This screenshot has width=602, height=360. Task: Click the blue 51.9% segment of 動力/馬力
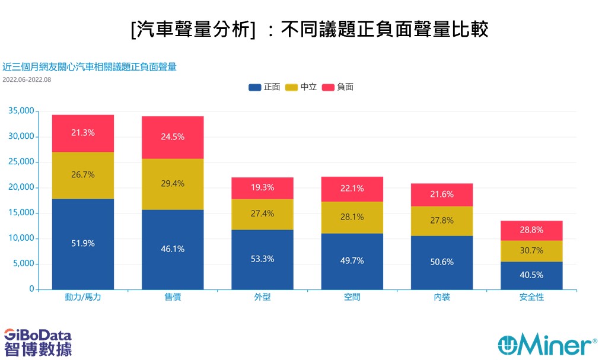click(83, 244)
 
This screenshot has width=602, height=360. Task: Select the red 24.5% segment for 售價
click(173, 138)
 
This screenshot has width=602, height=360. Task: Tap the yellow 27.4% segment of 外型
click(263, 215)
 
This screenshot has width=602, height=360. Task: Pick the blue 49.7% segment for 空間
click(352, 262)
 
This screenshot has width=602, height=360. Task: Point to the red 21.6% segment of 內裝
click(442, 195)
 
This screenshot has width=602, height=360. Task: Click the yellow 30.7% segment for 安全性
click(532, 251)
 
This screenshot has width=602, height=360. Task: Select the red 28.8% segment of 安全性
click(532, 231)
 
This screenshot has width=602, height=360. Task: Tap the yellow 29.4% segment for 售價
click(173, 184)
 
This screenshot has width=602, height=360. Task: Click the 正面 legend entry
click(264, 87)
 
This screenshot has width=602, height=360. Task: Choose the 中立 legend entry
click(301, 87)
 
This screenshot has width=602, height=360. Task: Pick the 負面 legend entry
click(337, 87)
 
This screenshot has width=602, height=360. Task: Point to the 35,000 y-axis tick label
click(21, 111)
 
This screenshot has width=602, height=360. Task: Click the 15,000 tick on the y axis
click(21, 213)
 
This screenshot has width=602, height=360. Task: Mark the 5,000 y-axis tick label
click(24, 264)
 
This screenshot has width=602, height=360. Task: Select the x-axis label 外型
click(263, 297)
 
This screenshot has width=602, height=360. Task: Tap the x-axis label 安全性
click(532, 297)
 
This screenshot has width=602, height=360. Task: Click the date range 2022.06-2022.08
click(27, 80)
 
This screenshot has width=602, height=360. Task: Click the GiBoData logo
click(38, 342)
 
